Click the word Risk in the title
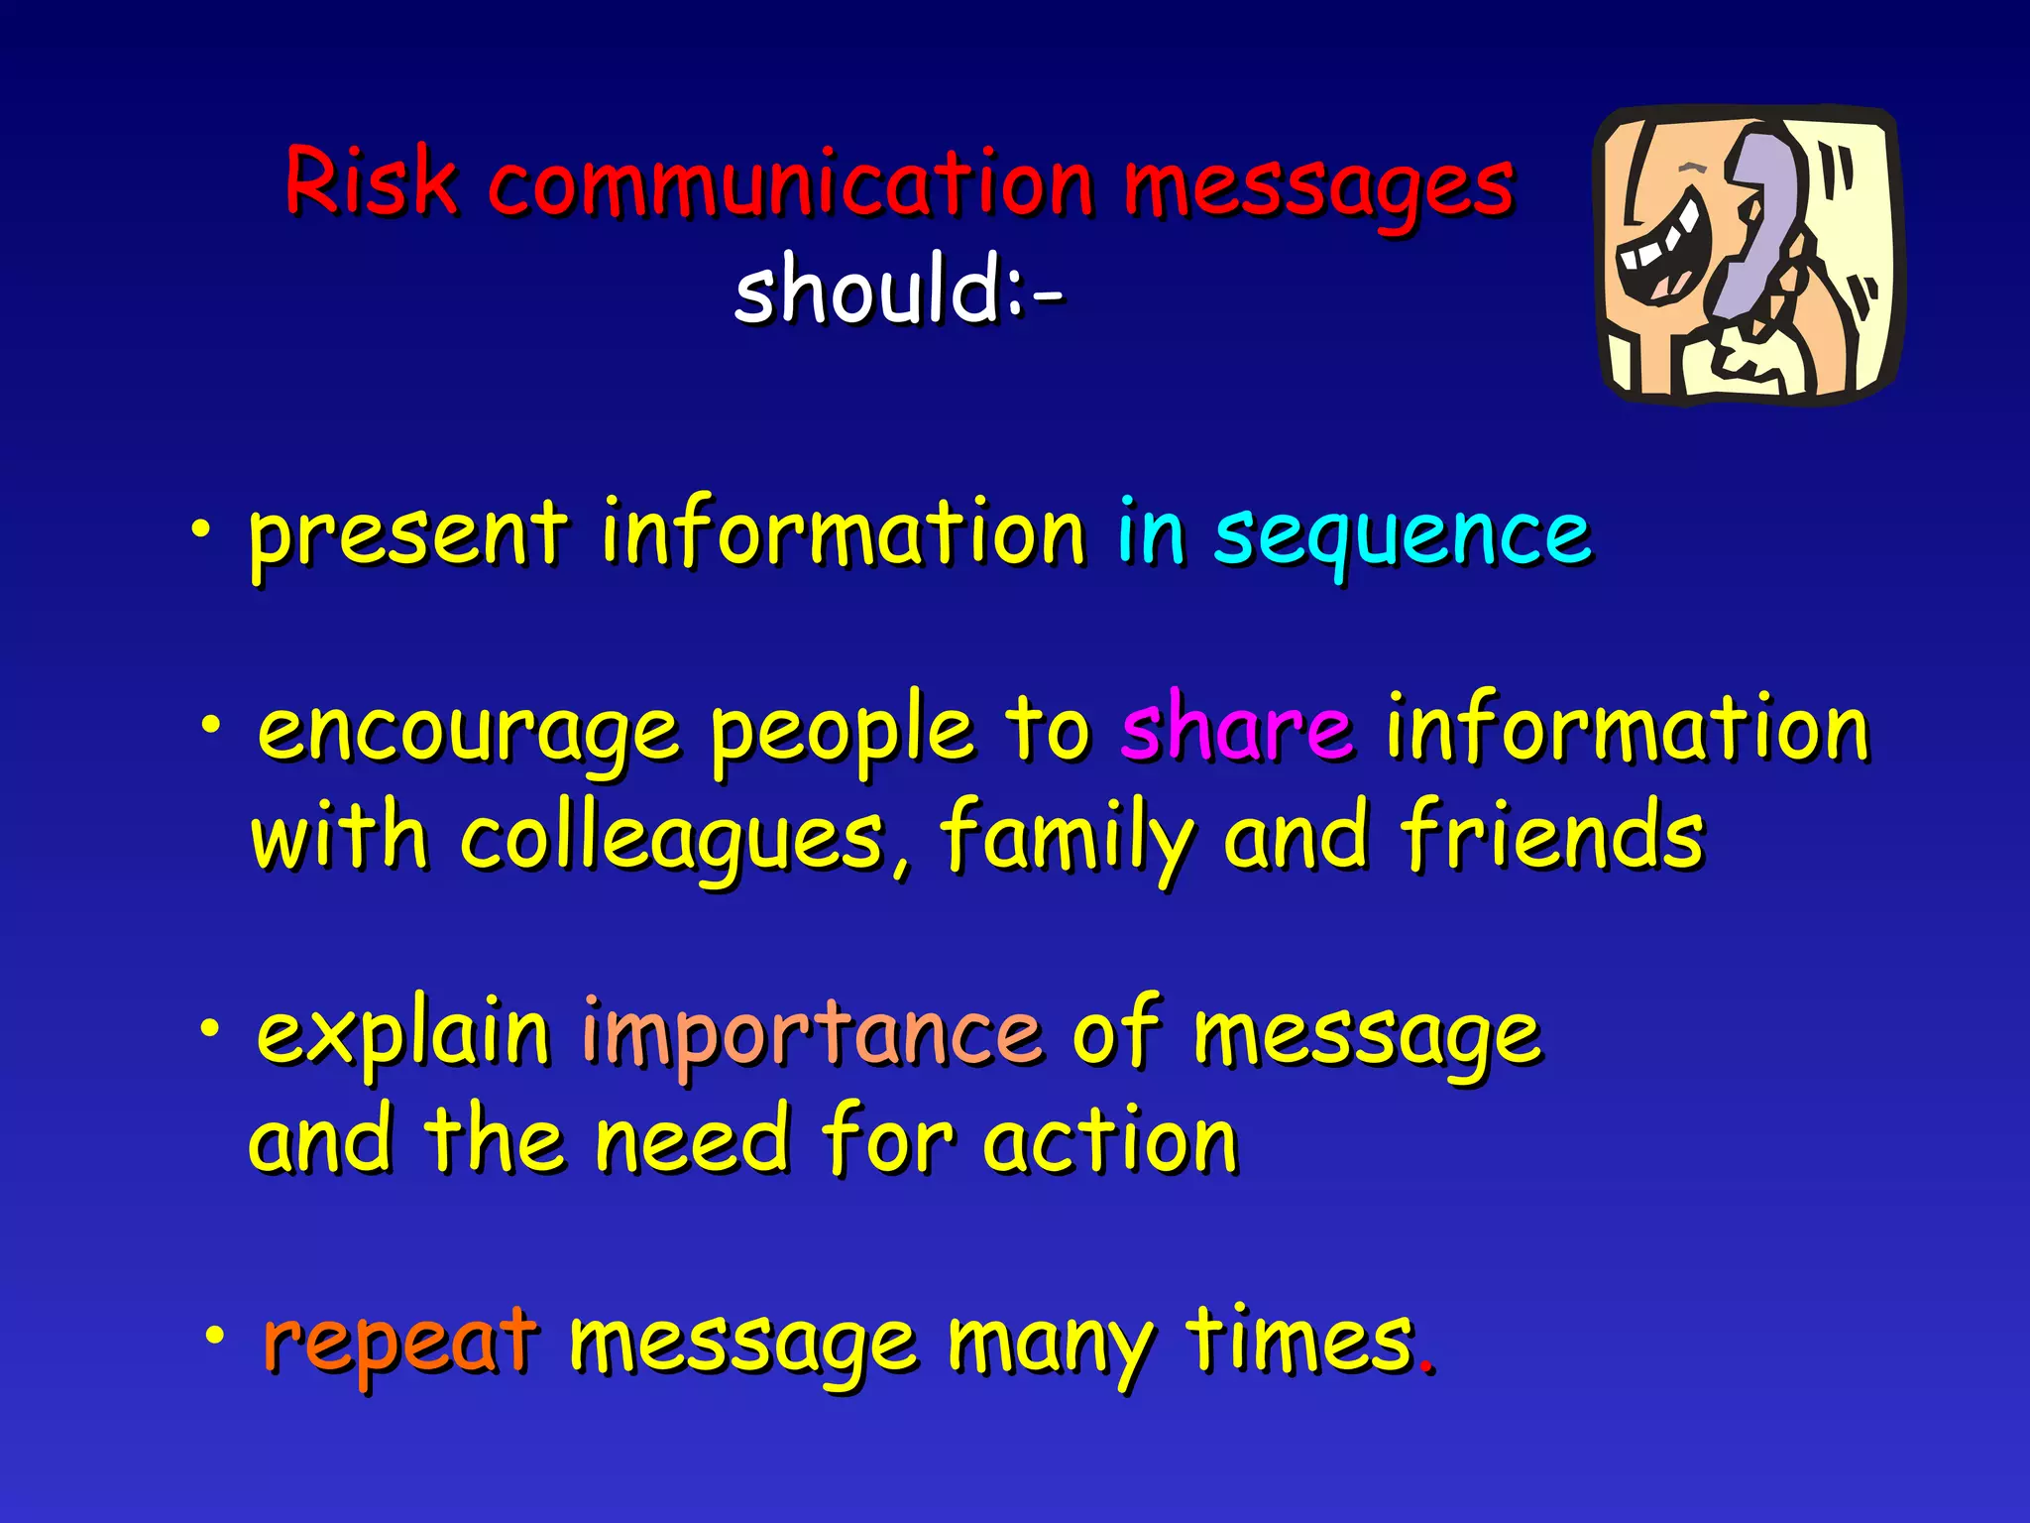(x=371, y=181)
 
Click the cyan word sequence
(x=1402, y=536)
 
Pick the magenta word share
(x=1236, y=729)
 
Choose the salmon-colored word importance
(x=812, y=1035)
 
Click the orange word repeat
(x=400, y=1343)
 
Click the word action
(x=1110, y=1142)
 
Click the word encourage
(x=468, y=732)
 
